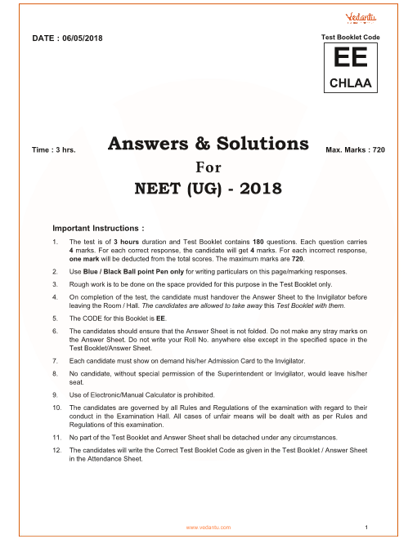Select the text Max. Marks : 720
click(x=355, y=150)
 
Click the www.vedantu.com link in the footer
click(x=209, y=527)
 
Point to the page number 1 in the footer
click(x=369, y=527)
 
